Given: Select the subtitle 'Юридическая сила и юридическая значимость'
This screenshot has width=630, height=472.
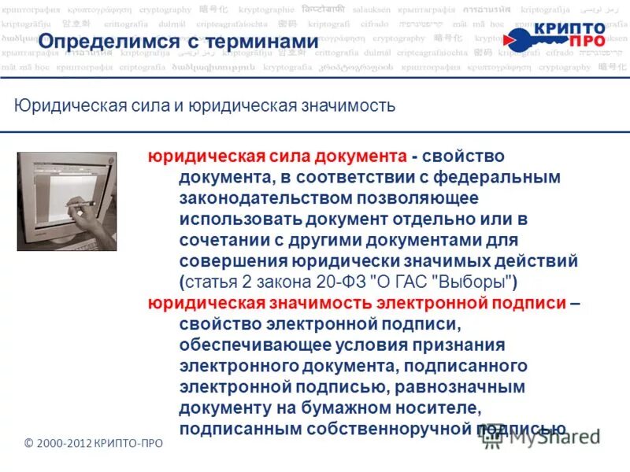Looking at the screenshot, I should pyautogui.click(x=204, y=105).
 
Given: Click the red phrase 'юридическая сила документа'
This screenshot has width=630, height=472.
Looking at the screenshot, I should pyautogui.click(x=277, y=157).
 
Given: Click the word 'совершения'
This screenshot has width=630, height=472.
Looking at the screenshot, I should pyautogui.click(x=226, y=261).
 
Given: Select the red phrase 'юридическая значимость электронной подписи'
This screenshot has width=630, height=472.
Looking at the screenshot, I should pyautogui.click(x=356, y=303).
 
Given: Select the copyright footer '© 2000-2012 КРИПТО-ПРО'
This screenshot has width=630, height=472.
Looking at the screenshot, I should pyautogui.click(x=94, y=444).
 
